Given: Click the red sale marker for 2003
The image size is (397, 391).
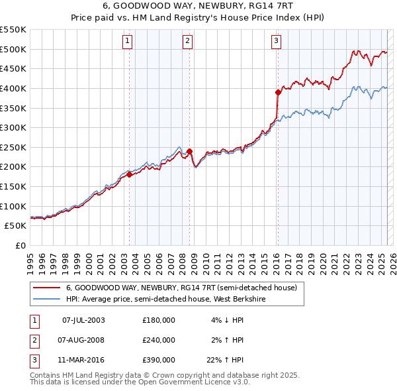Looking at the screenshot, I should pyautogui.click(x=129, y=175).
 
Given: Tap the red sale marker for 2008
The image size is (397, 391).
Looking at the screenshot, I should pyautogui.click(x=189, y=151).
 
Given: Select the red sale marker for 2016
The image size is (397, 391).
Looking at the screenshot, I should pyautogui.click(x=278, y=92).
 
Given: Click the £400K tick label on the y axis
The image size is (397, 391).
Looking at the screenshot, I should pyautogui.click(x=13, y=88).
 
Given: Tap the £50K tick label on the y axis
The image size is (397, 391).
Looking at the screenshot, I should pyautogui.click(x=16, y=226).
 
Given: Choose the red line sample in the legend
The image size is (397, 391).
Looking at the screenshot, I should pyautogui.click(x=46, y=288).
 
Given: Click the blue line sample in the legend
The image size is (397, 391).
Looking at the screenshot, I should pyautogui.click(x=46, y=299).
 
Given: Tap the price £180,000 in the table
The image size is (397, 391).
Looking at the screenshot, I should pyautogui.click(x=159, y=320).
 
